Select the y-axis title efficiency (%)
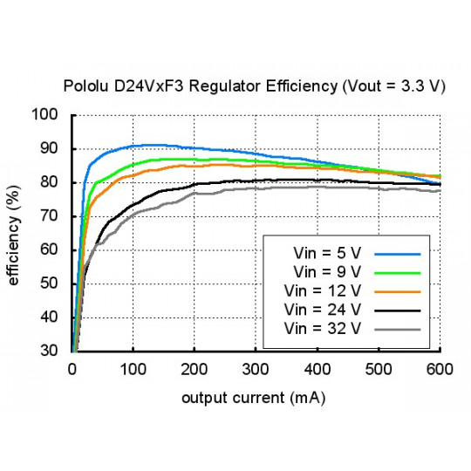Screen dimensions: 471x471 [x=15, y=233]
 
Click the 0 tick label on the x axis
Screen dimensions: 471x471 [x=72, y=369]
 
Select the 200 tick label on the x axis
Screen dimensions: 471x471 [x=195, y=369]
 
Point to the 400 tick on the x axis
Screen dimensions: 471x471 [x=317, y=369]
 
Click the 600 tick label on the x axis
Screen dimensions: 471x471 [x=439, y=369]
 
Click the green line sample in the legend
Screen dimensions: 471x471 [x=397, y=271]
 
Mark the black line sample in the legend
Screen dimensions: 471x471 [x=397, y=310]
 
